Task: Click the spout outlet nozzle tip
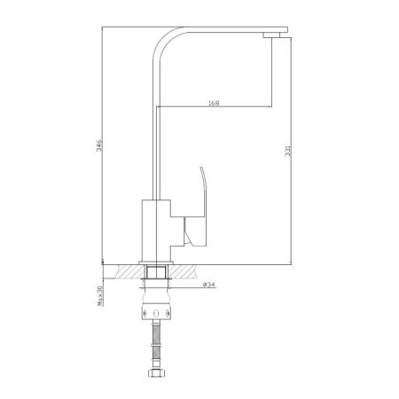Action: click(275, 34)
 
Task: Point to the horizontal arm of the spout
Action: click(222, 30)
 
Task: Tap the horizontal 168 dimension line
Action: click(213, 108)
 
